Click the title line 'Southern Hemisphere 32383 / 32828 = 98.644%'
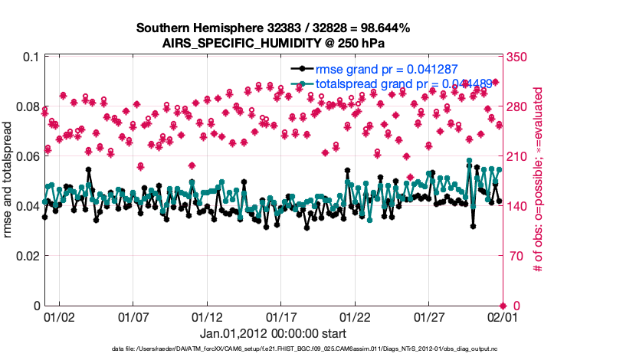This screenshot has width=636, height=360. (273, 28)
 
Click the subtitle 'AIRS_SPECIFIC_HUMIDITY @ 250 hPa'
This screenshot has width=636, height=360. (273, 44)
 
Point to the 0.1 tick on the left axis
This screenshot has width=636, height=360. (32, 57)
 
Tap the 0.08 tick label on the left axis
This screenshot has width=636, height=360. (29, 106)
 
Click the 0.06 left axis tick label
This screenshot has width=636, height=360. (29, 156)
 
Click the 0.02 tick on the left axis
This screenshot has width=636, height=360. (29, 256)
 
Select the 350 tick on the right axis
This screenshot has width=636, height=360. (516, 57)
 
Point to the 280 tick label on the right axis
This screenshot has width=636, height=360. (516, 106)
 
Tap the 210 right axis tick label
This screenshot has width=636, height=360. (516, 156)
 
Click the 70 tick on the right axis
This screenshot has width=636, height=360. (513, 256)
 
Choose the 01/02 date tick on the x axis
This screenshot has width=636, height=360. (60, 316)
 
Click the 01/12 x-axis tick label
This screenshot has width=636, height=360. (207, 316)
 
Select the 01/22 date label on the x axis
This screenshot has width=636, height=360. (355, 316)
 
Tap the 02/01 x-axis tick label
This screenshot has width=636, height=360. (502, 316)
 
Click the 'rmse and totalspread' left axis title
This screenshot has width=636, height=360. (9, 181)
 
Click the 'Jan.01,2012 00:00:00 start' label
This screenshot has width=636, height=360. (273, 333)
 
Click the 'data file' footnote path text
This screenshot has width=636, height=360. (273, 350)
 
